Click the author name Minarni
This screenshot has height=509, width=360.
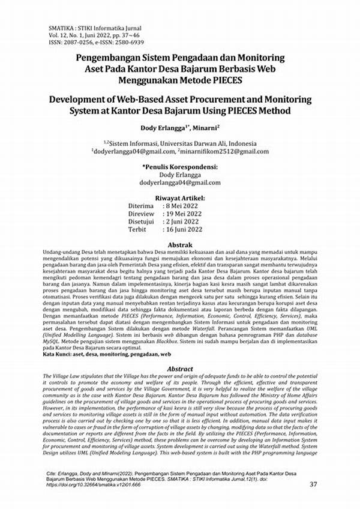tap(203, 128)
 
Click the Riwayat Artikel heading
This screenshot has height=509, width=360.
tap(179, 198)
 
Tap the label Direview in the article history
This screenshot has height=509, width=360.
tap(142, 214)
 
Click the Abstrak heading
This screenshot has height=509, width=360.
tap(179, 245)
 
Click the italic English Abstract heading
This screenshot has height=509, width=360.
tap(179, 369)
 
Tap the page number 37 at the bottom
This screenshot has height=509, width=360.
tap(313, 484)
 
